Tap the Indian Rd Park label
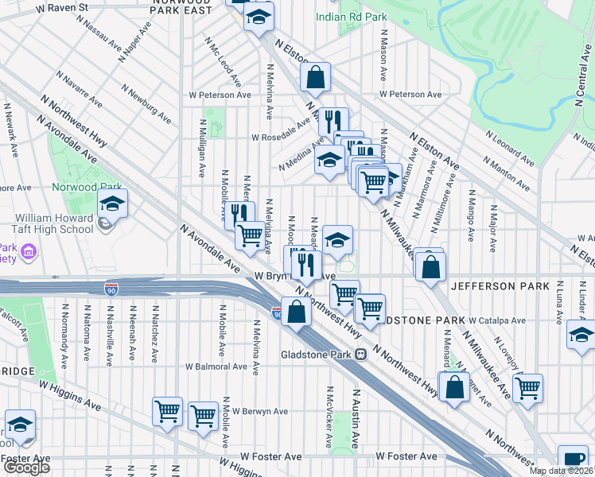pyautogui.click(x=351, y=16)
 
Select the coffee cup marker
pyautogui.click(x=573, y=460)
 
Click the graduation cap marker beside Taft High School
pyautogui.click(x=112, y=204)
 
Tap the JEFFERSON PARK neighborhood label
pyautogui.click(x=500, y=285)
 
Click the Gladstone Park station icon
pyautogui.click(x=360, y=354)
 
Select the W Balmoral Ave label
pyautogui.click(x=216, y=366)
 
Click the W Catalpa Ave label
pyautogui.click(x=497, y=321)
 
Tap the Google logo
pyautogui.click(x=26, y=467)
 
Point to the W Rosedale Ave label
pyautogui.click(x=280, y=137)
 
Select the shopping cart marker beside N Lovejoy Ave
pyautogui.click(x=527, y=388)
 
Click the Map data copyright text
pyautogui.click(x=562, y=471)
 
